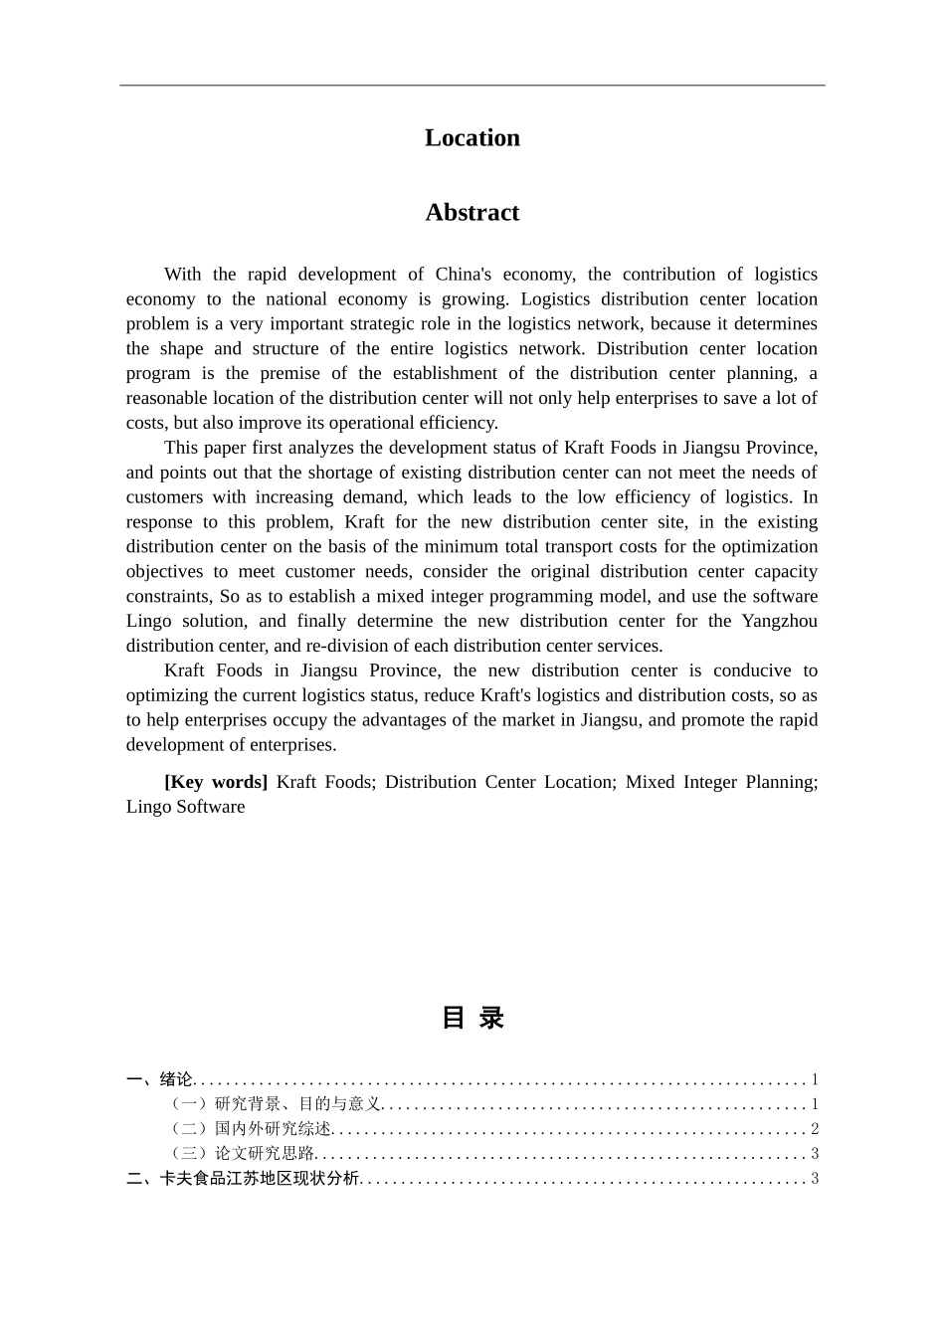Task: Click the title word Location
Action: coord(472,137)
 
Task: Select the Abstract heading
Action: coord(472,212)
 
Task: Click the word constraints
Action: coord(168,597)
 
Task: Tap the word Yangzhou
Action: coord(779,622)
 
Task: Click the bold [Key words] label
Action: coord(216,782)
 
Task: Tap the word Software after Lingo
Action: coord(211,807)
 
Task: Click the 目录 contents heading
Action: coord(472,1018)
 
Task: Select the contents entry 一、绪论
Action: coord(160,1079)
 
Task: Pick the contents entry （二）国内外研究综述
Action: coord(251,1129)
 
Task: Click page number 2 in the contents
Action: coord(814,1129)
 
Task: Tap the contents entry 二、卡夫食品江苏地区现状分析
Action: coord(243,1179)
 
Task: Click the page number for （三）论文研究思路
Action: coord(814,1154)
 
